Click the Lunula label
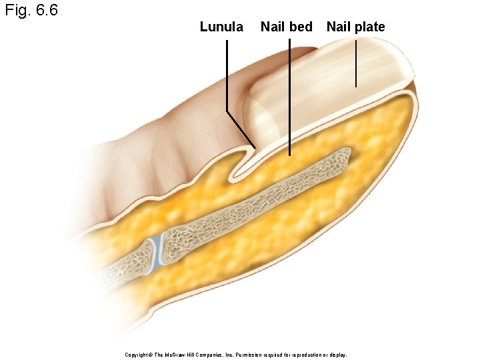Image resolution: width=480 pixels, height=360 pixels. pyautogui.click(x=221, y=27)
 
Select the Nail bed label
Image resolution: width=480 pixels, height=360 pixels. pyautogui.click(x=286, y=27)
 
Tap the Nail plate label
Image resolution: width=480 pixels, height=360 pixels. pyautogui.click(x=355, y=27)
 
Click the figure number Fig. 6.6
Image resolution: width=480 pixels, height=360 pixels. pyautogui.click(x=31, y=11)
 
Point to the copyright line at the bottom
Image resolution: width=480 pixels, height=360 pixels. pyautogui.click(x=236, y=355)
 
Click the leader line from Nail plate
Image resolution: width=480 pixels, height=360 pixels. pyautogui.click(x=356, y=63)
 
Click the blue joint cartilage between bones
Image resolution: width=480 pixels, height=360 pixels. pyautogui.click(x=155, y=254)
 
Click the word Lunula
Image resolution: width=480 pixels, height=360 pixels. pyautogui.click(x=221, y=27)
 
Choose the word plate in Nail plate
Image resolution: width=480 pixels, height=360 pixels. pyautogui.click(x=370, y=27)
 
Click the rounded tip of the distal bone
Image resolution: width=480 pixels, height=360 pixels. pyautogui.click(x=344, y=157)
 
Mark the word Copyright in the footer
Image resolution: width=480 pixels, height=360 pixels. pyautogui.click(x=138, y=355)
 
